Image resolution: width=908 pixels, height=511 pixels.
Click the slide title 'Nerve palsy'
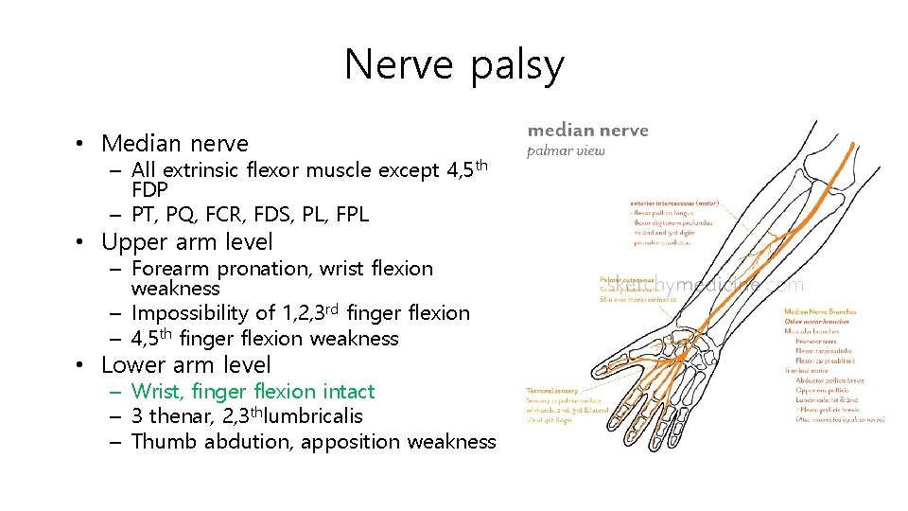click(x=454, y=65)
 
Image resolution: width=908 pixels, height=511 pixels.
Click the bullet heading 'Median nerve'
click(x=174, y=144)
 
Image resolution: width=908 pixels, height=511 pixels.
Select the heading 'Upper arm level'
click(x=186, y=242)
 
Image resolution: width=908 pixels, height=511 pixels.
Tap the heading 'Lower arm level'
click(x=185, y=365)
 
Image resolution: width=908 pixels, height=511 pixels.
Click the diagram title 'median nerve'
click(x=587, y=131)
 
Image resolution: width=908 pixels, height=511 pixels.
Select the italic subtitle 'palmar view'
click(x=566, y=150)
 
